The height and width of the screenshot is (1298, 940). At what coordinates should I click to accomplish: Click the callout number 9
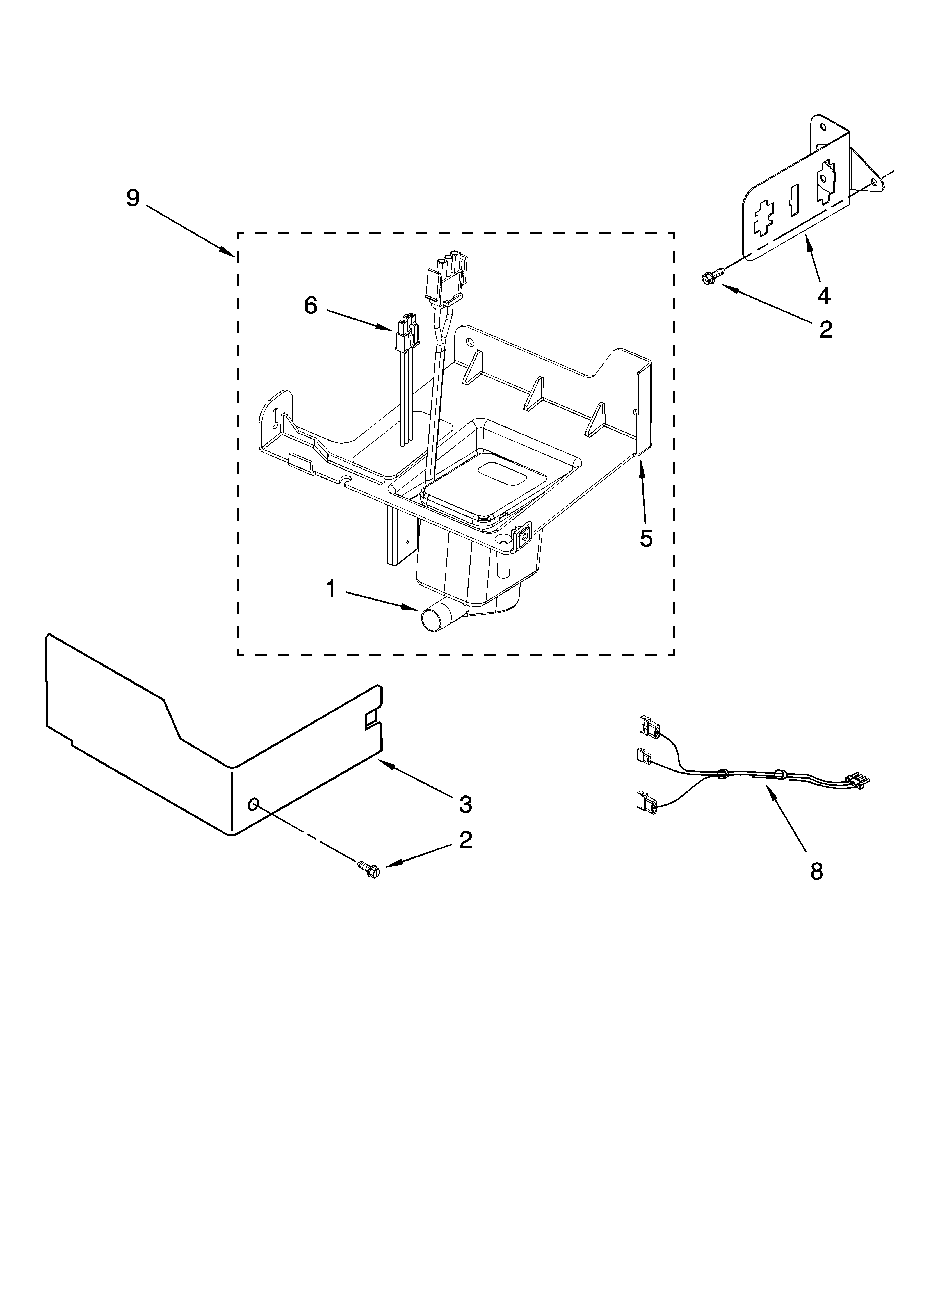coord(133,198)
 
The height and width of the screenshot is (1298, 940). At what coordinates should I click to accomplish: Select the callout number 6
coord(310,305)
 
